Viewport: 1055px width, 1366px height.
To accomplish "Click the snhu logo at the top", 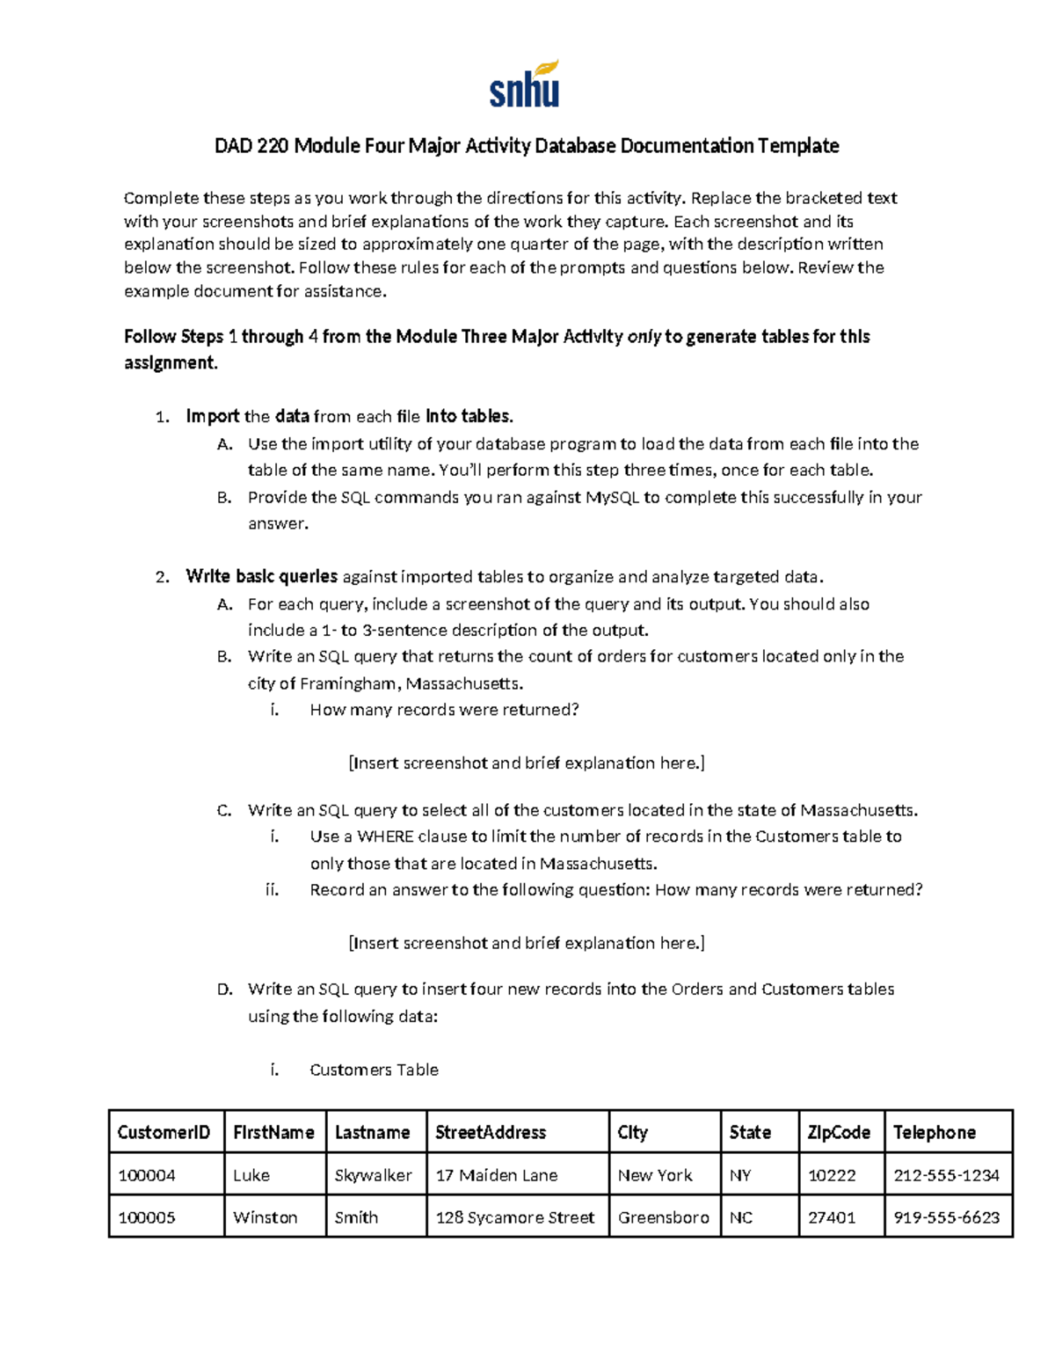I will click(525, 85).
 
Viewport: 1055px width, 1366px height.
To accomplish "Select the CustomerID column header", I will click(164, 1132).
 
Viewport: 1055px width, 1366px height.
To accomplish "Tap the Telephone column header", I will click(934, 1132).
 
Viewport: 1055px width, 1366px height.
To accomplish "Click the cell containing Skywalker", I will click(373, 1175).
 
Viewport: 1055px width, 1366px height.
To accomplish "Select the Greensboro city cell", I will click(663, 1217).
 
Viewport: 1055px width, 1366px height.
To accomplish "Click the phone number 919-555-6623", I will click(946, 1217).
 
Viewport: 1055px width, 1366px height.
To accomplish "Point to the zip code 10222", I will click(831, 1175).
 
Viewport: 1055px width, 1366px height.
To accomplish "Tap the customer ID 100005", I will click(147, 1217).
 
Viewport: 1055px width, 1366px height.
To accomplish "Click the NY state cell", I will click(740, 1175).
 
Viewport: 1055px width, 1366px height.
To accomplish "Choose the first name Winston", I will click(265, 1217).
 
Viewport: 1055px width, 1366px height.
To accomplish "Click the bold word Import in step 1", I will click(213, 416).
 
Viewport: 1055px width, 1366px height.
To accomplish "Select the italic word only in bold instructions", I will click(644, 337).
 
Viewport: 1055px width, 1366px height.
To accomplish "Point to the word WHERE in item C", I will click(385, 836).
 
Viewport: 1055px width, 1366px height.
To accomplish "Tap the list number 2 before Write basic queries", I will click(161, 578).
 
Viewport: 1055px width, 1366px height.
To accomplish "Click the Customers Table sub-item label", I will click(374, 1070).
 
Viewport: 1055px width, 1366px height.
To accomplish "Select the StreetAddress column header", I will click(491, 1132).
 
